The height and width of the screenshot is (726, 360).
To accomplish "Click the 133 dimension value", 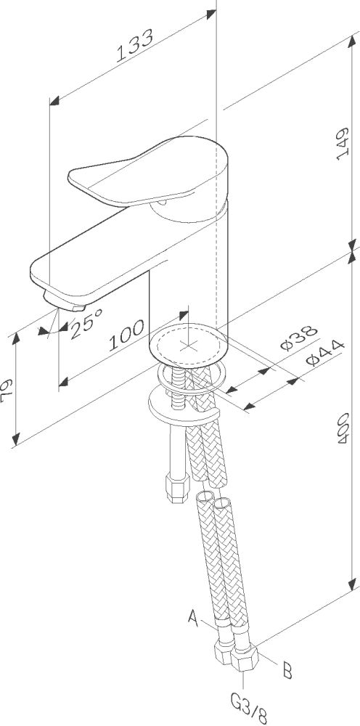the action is (x=134, y=46).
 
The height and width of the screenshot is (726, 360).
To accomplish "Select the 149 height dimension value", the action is (x=343, y=144).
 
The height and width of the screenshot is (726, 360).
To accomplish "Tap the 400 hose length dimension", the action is (x=343, y=430).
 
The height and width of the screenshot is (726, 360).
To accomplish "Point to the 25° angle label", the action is (x=86, y=323).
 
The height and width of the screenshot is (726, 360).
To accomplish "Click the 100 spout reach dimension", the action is (x=126, y=335).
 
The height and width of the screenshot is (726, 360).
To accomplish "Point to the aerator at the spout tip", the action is (x=65, y=302).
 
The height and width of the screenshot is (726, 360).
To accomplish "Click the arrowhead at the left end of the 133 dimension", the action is (x=54, y=101).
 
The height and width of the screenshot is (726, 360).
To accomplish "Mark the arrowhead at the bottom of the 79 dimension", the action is (x=17, y=438).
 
